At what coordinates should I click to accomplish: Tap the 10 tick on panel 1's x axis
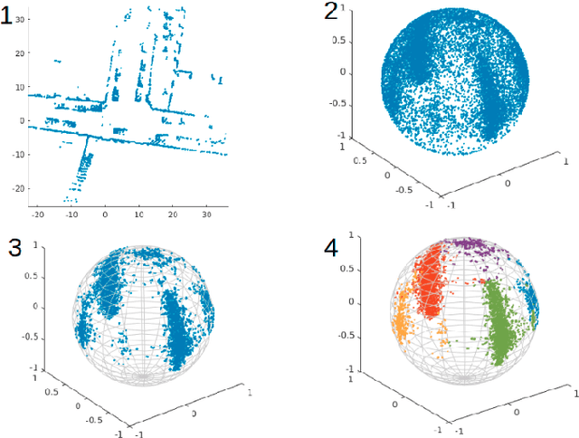pyautogui.click(x=139, y=214)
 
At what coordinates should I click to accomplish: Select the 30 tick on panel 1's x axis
pyautogui.click(x=207, y=214)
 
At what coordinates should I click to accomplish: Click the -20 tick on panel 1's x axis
pyautogui.click(x=39, y=214)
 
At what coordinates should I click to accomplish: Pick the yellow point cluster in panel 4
pyautogui.click(x=401, y=317)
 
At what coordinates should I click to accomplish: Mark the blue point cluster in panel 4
pyautogui.click(x=532, y=308)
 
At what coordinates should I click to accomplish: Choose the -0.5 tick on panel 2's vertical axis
pyautogui.click(x=337, y=103)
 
